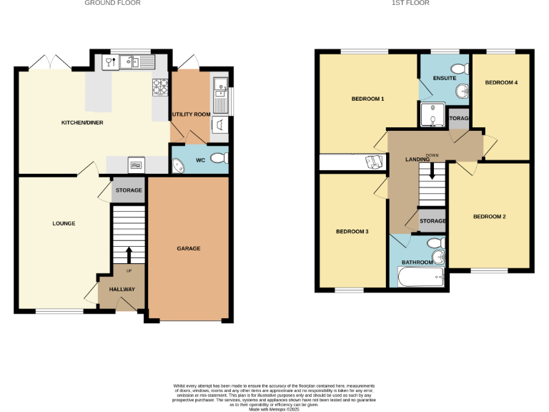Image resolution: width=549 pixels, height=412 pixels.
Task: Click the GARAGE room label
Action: click(x=189, y=249)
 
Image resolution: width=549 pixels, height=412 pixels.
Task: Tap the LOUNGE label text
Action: click(x=64, y=224)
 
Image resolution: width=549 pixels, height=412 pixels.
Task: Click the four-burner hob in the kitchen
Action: click(x=159, y=87)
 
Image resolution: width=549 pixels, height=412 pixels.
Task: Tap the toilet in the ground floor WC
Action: click(x=222, y=159)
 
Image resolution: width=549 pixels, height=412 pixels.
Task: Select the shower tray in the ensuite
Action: click(x=432, y=113)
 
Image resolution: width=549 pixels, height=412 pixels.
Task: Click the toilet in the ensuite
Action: click(x=461, y=69)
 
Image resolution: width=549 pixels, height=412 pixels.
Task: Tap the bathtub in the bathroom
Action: click(x=420, y=278)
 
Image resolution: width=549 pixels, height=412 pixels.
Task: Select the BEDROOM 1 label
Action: click(x=368, y=99)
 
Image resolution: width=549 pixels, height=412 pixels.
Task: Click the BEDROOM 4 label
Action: click(x=501, y=83)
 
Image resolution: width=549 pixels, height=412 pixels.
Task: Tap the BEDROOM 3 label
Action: click(x=352, y=232)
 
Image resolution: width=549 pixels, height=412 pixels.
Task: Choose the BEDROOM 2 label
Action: click(x=489, y=217)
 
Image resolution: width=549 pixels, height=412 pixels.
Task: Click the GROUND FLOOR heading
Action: click(x=112, y=4)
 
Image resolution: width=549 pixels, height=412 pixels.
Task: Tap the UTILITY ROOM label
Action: click(x=191, y=114)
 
